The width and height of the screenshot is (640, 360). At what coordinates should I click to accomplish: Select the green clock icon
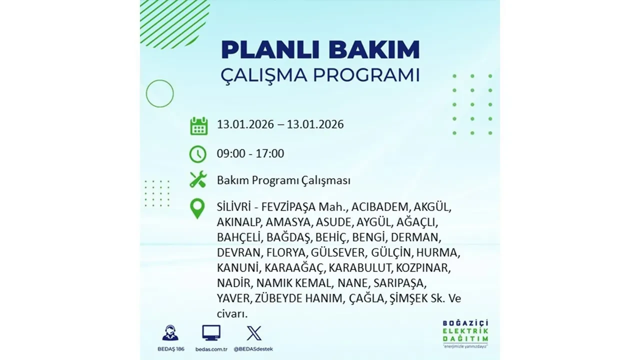coord(198,154)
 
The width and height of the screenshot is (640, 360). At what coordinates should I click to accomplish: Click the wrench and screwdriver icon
coord(198,179)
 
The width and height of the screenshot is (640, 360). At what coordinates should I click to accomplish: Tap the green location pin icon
coord(198,208)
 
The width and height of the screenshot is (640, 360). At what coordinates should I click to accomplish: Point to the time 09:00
coord(231,153)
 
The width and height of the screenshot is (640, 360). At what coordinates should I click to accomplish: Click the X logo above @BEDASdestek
coord(254,333)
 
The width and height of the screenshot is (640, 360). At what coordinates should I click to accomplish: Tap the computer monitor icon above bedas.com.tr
coord(211,333)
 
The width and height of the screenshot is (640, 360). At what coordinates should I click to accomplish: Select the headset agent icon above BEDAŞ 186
coord(170,333)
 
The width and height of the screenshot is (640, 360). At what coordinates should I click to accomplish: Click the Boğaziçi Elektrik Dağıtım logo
coord(465,333)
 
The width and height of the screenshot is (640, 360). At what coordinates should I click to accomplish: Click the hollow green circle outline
coord(159,93)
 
